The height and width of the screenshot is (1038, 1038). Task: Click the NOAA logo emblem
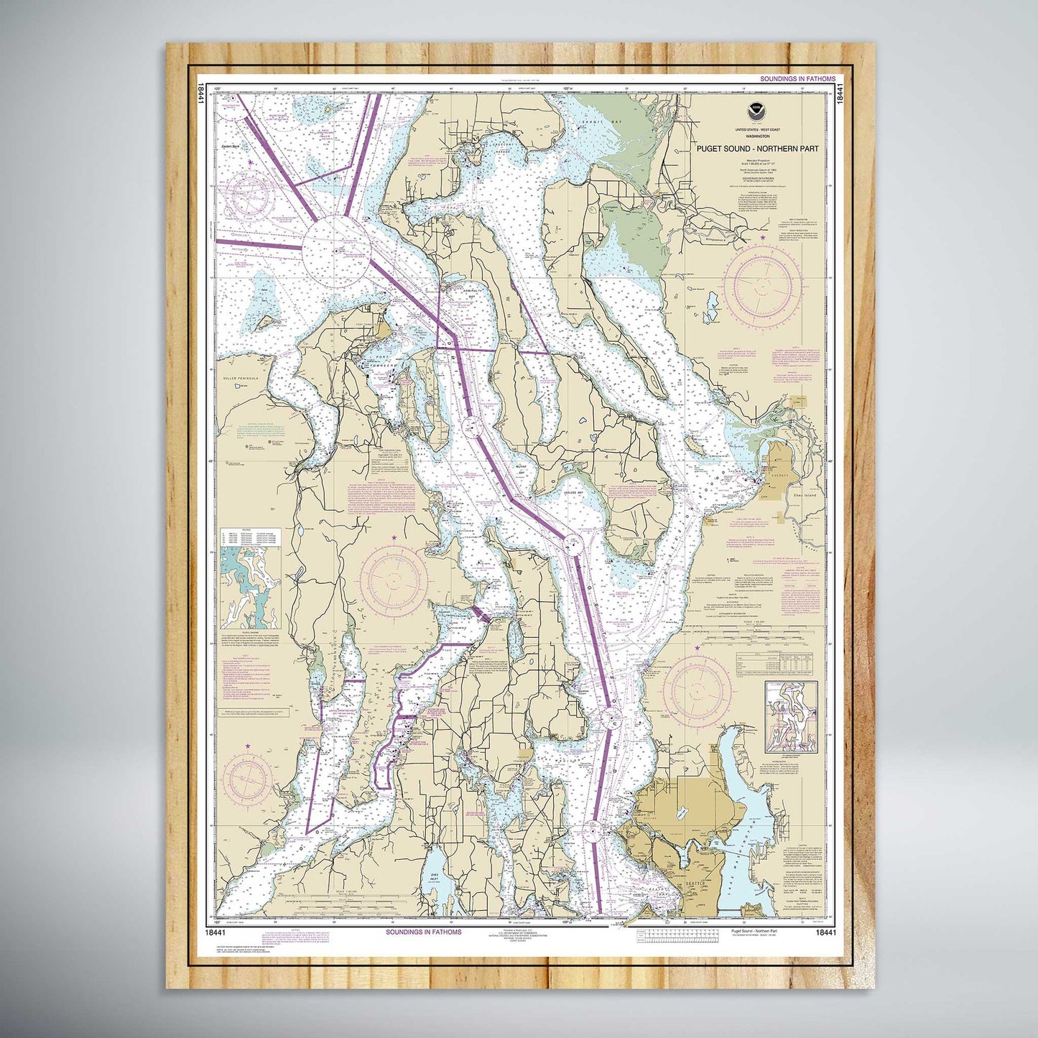[754, 111]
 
